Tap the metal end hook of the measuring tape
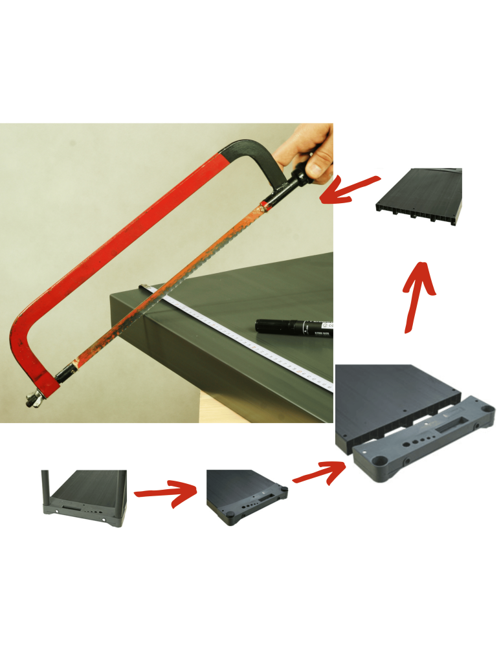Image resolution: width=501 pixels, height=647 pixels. [144, 285]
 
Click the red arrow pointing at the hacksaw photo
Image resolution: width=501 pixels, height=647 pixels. [350, 189]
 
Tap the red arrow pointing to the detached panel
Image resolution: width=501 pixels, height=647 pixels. [318, 473]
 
